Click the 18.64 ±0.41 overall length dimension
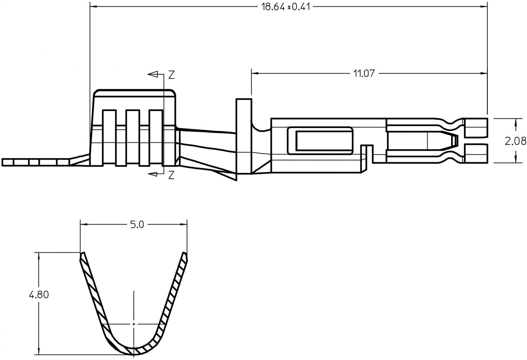(x=286, y=7)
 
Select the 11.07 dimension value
(x=364, y=73)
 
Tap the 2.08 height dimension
(x=515, y=141)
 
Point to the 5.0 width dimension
(x=137, y=225)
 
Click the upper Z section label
(x=171, y=75)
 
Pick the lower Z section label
(x=171, y=176)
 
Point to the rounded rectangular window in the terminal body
(x=320, y=141)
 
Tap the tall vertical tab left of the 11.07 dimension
(x=243, y=138)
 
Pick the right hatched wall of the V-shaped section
(x=173, y=296)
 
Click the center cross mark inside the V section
(x=134, y=324)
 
